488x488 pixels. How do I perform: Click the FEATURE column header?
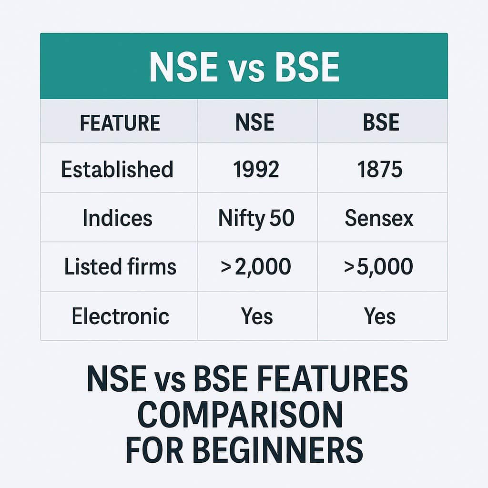pos(120,122)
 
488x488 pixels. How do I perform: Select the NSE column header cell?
pos(255,122)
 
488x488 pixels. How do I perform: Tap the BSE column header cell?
pos(381,122)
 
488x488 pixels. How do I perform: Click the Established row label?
pos(117,170)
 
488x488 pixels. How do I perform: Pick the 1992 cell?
pos(256,170)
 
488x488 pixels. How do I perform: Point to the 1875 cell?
pos(381,170)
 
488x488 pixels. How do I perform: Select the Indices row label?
pos(117,218)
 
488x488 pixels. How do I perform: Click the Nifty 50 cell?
pos(256,218)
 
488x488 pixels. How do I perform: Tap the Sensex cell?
pos(379,218)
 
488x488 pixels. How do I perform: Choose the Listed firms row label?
pos(120,267)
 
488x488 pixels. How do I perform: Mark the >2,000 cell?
pos(256,267)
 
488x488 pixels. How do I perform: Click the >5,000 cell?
pos(379,267)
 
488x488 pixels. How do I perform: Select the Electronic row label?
pos(120,316)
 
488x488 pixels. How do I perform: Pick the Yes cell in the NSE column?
pos(257,316)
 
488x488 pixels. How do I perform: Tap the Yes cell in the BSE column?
pos(380,316)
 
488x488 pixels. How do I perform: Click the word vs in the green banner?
pos(244,68)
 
